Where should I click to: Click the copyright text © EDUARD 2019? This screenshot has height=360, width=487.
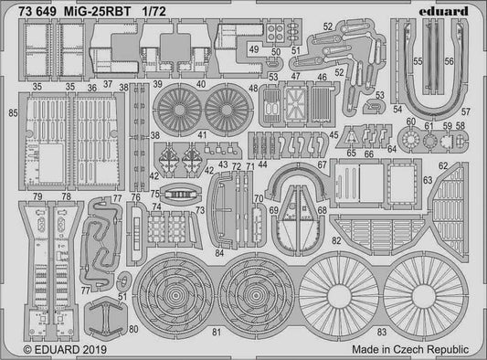coord(54,348)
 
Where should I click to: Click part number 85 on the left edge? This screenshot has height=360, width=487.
coord(11,113)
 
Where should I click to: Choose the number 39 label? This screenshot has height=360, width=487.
coord(158,84)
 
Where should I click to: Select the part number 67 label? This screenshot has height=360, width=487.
coord(349,164)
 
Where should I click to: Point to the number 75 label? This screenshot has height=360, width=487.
coord(155,194)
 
